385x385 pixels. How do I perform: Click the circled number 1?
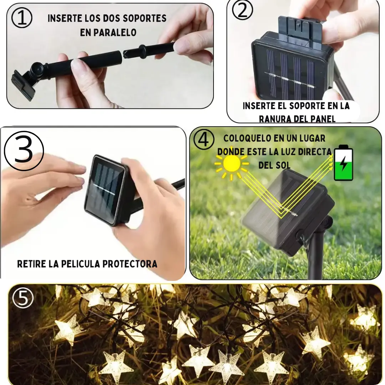click(x=22, y=18)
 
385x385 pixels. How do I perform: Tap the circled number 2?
click(x=242, y=10)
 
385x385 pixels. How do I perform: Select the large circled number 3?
click(x=24, y=151)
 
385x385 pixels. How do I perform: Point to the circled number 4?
click(x=204, y=139)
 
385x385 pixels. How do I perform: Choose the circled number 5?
click(x=23, y=298)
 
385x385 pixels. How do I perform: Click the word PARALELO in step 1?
click(x=108, y=32)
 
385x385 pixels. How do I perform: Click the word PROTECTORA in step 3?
click(x=130, y=264)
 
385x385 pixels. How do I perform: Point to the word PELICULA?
click(x=81, y=264)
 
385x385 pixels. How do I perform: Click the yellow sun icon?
click(x=232, y=164)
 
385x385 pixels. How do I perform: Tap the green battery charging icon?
click(x=344, y=163)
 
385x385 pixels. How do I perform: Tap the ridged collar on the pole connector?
click(x=142, y=51)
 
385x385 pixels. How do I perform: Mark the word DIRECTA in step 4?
click(x=315, y=152)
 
